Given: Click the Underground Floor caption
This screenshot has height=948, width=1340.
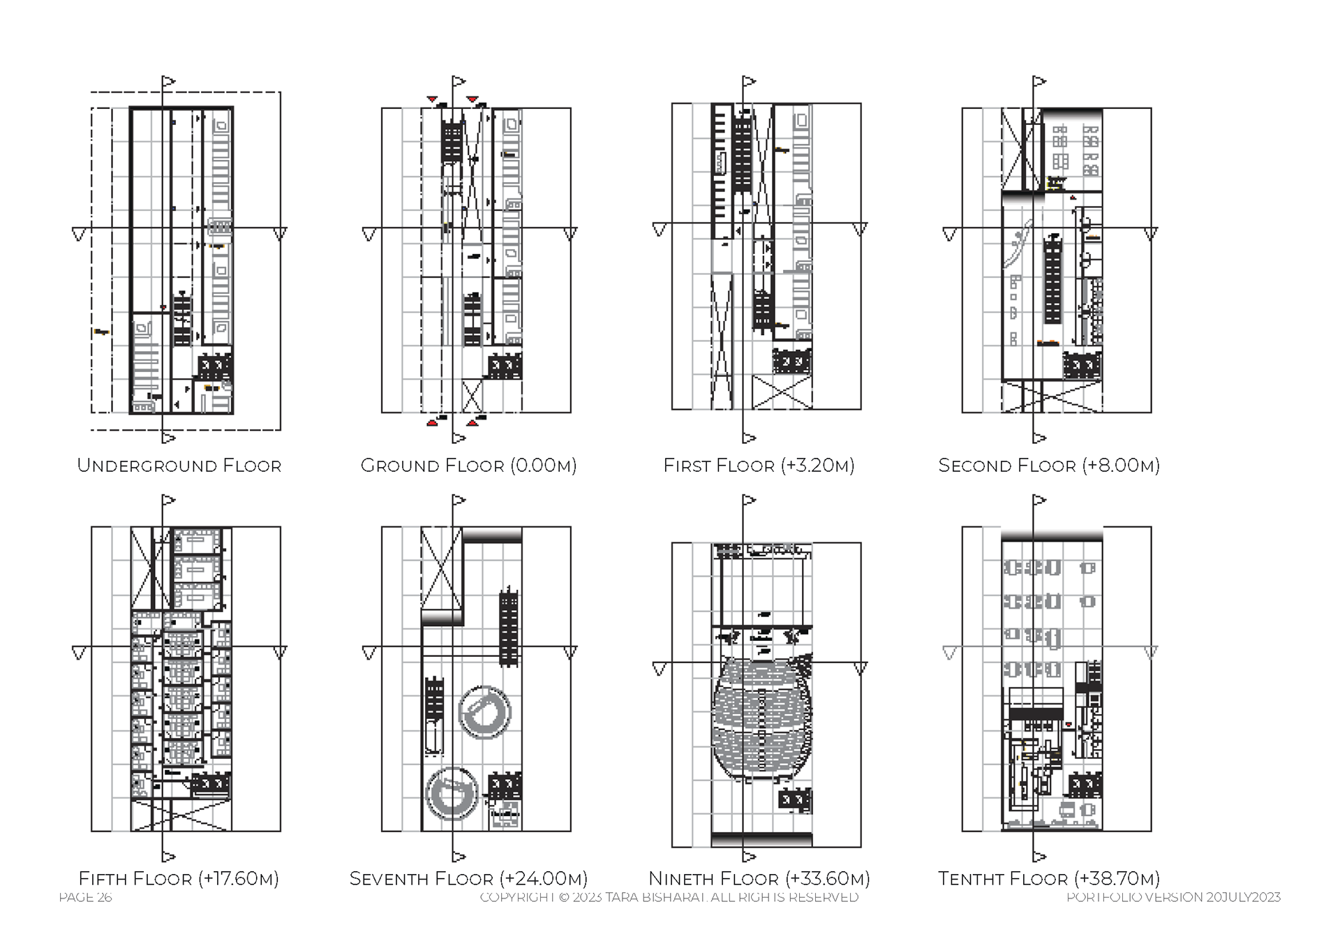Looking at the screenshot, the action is pyautogui.click(x=179, y=466).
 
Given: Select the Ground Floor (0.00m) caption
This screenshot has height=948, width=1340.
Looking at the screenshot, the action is pyautogui.click(x=468, y=466).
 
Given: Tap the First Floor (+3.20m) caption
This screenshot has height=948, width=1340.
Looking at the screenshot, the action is pyautogui.click(x=759, y=466).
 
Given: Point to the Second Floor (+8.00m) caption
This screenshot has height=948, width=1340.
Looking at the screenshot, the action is pyautogui.click(x=1048, y=466).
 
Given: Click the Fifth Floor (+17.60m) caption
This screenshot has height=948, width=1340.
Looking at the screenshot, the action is pyautogui.click(x=179, y=878).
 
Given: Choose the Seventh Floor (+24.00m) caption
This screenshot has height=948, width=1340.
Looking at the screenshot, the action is pyautogui.click(x=468, y=878).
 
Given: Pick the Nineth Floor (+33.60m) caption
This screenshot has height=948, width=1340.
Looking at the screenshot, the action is pyautogui.click(x=759, y=878).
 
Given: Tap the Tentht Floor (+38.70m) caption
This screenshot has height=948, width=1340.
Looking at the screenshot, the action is pyautogui.click(x=1048, y=878).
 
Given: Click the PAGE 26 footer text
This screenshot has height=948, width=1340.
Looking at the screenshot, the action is pyautogui.click(x=85, y=898).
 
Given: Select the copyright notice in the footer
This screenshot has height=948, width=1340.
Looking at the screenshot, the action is pyautogui.click(x=669, y=898).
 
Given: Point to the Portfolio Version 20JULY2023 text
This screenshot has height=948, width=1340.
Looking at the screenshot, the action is pyautogui.click(x=1173, y=898).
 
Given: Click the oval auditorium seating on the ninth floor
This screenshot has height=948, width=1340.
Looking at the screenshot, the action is pyautogui.click(x=762, y=719).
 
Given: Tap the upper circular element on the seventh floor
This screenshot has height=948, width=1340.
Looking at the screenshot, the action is pyautogui.click(x=485, y=711).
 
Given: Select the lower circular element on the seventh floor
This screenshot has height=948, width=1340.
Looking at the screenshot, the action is pyautogui.click(x=452, y=794).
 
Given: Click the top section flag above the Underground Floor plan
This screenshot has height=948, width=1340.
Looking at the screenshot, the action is pyautogui.click(x=169, y=82).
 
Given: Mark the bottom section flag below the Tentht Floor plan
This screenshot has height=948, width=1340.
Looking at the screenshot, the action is pyautogui.click(x=1040, y=857).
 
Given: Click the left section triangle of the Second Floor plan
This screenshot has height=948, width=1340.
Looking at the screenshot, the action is pyautogui.click(x=949, y=234).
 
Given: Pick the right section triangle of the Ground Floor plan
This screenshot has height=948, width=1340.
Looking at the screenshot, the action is pyautogui.click(x=570, y=234).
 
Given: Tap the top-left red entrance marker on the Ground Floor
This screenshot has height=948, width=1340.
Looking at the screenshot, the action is pyautogui.click(x=433, y=101).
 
